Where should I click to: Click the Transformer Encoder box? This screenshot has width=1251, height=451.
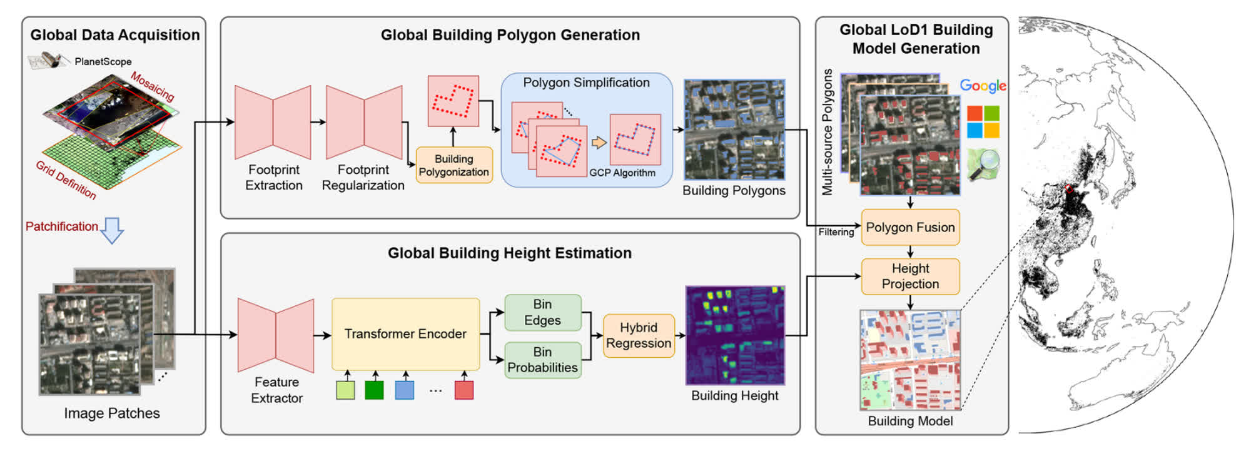(x=405, y=334)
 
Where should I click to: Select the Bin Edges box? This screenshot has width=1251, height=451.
(x=542, y=312)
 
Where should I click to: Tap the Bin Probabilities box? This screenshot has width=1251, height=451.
(x=542, y=360)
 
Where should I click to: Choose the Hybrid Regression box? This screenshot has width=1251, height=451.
(x=638, y=335)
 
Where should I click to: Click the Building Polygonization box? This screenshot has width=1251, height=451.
(x=453, y=165)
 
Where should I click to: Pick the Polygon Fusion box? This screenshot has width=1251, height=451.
(x=910, y=227)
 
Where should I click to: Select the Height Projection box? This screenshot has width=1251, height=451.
(x=910, y=276)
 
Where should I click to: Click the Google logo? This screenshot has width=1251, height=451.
(x=983, y=86)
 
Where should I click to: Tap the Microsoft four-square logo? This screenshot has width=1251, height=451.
(x=983, y=121)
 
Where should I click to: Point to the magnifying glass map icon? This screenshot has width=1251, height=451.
(x=984, y=165)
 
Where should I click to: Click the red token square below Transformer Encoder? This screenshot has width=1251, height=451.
(x=463, y=390)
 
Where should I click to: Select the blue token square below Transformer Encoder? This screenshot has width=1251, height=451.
(x=405, y=390)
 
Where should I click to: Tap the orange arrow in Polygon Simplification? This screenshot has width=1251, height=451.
(x=599, y=143)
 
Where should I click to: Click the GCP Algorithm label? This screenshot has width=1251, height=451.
(x=622, y=173)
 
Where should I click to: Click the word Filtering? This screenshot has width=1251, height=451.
(x=836, y=232)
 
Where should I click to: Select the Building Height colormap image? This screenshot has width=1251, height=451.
(x=735, y=335)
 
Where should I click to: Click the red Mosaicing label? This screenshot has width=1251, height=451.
(x=152, y=86)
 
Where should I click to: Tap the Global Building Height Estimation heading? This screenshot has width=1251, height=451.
(x=509, y=253)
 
